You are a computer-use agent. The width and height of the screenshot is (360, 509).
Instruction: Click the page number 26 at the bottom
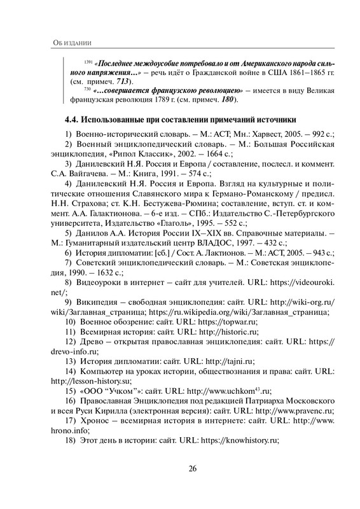point(193,471)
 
